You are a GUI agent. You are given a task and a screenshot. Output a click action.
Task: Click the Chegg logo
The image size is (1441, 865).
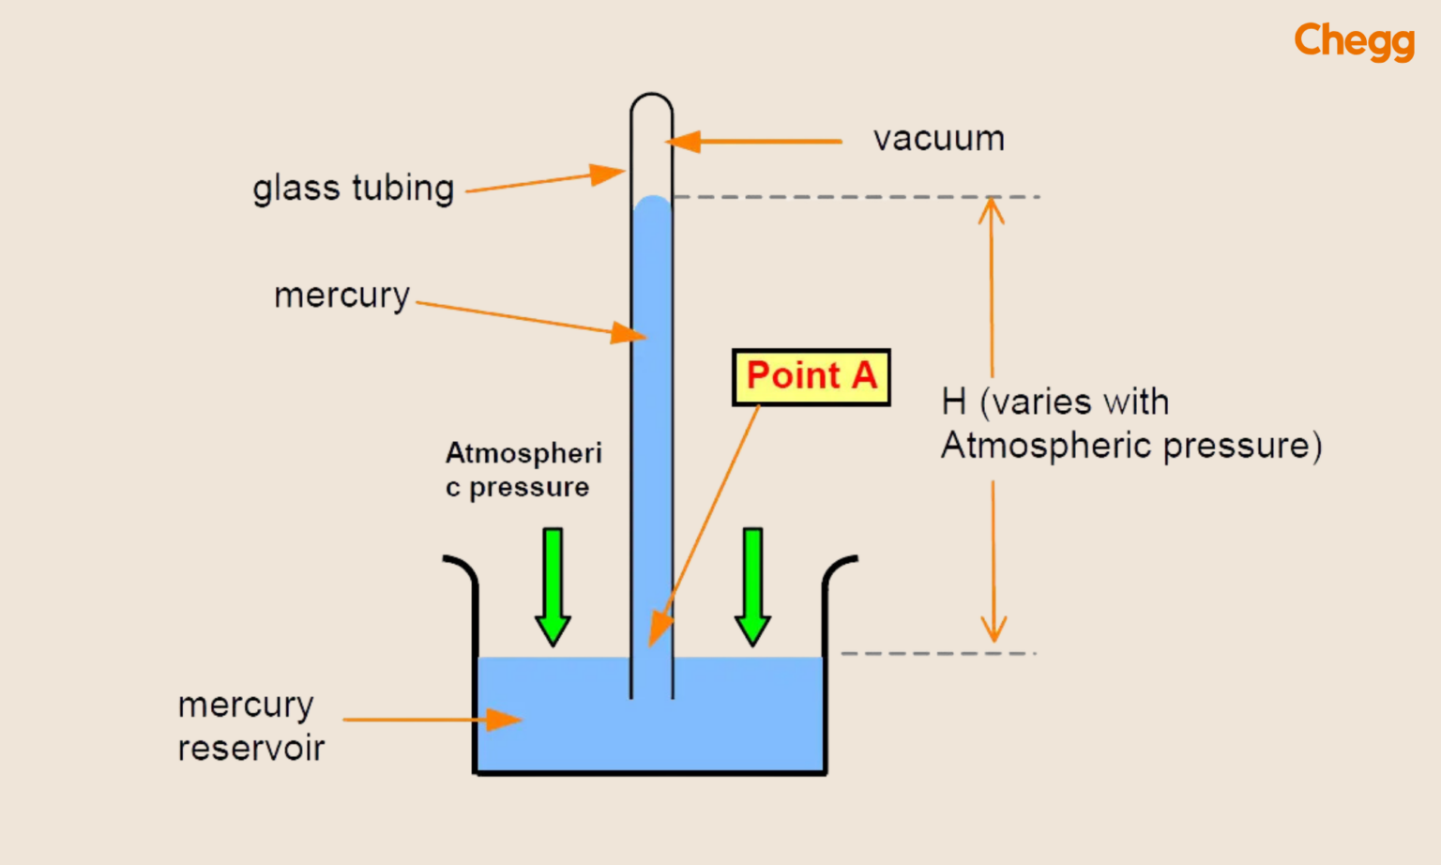(x=1353, y=41)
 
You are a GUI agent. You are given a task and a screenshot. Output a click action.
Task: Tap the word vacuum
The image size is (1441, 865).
(x=938, y=139)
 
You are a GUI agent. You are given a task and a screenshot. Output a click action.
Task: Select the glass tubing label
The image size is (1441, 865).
(x=353, y=189)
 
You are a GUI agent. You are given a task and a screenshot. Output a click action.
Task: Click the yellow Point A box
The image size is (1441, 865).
(x=811, y=377)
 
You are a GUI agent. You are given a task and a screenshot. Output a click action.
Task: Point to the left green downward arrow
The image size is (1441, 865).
(x=553, y=585)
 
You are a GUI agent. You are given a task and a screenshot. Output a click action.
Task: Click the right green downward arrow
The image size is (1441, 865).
(x=752, y=585)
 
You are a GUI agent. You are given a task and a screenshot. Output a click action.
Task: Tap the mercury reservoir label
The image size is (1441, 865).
(x=250, y=726)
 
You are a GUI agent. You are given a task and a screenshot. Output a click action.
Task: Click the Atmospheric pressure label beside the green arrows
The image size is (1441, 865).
(x=523, y=470)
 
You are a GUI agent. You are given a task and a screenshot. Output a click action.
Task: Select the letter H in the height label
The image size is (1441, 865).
(x=953, y=402)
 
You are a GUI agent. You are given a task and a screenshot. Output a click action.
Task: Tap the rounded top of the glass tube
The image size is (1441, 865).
(x=651, y=99)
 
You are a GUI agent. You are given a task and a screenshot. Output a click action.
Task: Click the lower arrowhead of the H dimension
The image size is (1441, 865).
(x=994, y=630)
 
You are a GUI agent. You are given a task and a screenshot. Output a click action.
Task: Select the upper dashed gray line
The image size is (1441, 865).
(x=854, y=197)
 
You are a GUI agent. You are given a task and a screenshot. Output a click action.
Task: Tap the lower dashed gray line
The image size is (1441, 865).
(x=938, y=653)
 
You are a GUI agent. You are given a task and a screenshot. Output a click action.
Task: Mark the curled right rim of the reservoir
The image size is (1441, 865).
(x=839, y=567)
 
